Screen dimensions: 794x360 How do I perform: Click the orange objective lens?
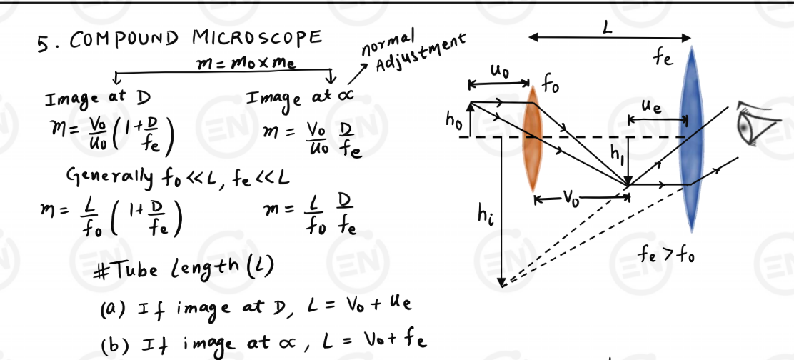(x=532, y=140)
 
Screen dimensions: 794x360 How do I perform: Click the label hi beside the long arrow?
(x=486, y=214)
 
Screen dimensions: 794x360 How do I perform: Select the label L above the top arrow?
(x=608, y=28)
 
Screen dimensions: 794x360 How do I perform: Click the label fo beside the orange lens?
(x=550, y=87)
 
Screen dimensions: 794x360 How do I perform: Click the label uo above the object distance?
(x=499, y=72)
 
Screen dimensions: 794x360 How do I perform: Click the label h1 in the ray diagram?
(x=618, y=152)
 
